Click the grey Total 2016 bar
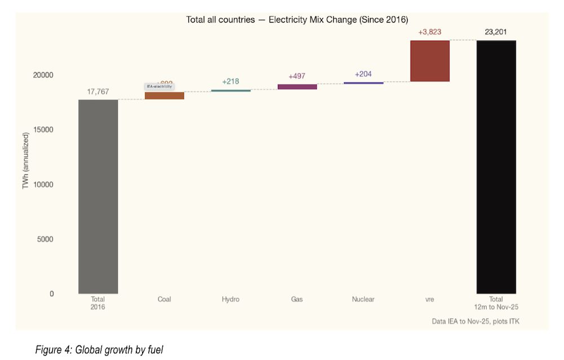click(x=98, y=196)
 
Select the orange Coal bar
click(x=164, y=95)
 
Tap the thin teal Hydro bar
click(x=231, y=90)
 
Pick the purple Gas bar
click(x=297, y=86)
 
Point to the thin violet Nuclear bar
click(x=363, y=83)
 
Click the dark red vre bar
click(x=430, y=61)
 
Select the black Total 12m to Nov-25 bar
click(x=496, y=167)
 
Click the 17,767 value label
click(x=98, y=91)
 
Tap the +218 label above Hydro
click(x=231, y=81)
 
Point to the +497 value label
click(x=297, y=76)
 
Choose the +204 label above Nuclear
click(x=363, y=74)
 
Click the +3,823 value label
click(x=430, y=32)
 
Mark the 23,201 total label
click(x=496, y=32)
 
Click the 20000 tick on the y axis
click(x=42, y=75)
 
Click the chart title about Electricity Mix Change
click(x=297, y=20)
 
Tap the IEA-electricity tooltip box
click(x=158, y=86)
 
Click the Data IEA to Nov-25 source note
click(x=475, y=321)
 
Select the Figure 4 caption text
click(x=99, y=350)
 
